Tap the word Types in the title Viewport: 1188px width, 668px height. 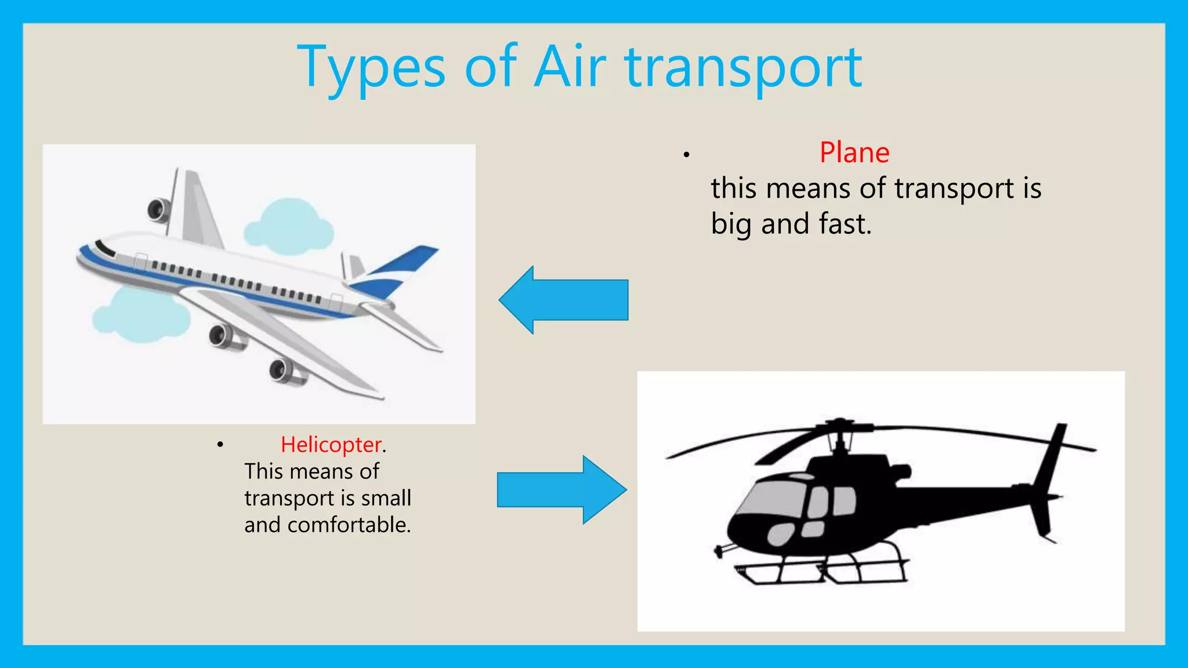pos(371,68)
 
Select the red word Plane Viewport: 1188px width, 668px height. pos(854,153)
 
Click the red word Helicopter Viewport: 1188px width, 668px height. pos(331,445)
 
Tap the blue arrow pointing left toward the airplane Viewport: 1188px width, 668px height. pos(563,300)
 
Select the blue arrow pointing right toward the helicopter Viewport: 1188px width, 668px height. pos(562,490)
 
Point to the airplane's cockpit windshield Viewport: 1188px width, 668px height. pos(105,248)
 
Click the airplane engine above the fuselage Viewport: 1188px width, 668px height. pos(158,209)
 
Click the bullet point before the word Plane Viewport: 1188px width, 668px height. pos(686,155)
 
